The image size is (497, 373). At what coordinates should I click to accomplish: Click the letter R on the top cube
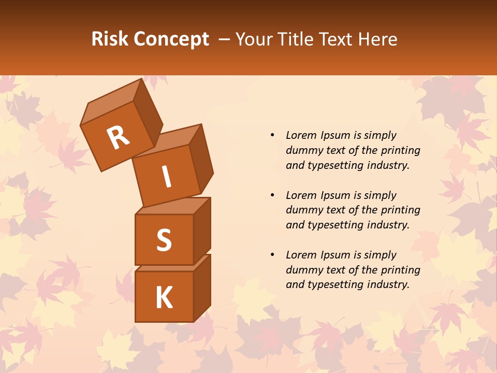(x=118, y=138)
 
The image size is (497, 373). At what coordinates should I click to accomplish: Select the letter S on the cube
(x=164, y=240)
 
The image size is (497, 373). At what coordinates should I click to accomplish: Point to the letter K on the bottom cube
(x=164, y=298)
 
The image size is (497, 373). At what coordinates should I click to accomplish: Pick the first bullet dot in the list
(x=272, y=135)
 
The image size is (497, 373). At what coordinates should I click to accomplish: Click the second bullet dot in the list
(x=272, y=195)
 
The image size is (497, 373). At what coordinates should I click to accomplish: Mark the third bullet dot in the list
(x=272, y=255)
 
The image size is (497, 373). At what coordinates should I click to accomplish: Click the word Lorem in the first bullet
(x=301, y=135)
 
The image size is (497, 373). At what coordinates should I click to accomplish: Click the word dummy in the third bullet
(x=303, y=270)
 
